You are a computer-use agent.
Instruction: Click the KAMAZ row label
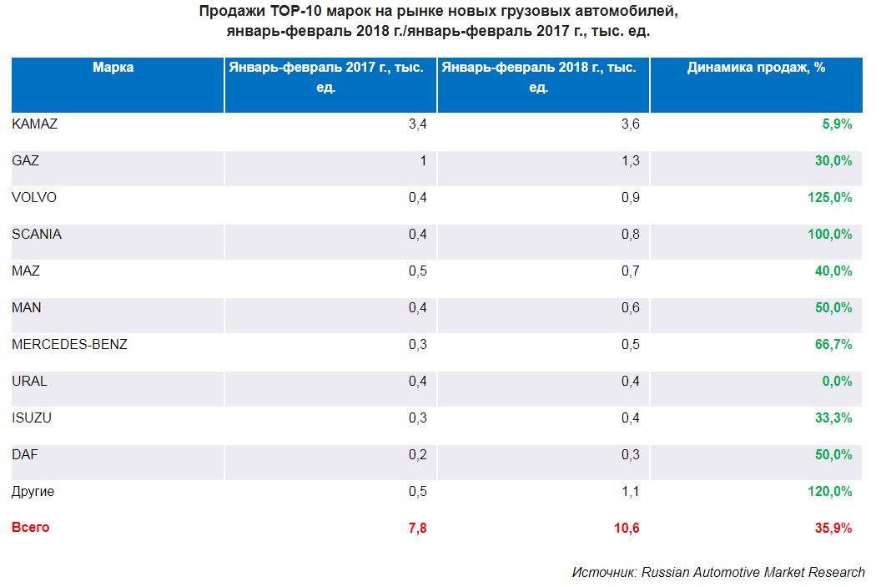click(x=34, y=124)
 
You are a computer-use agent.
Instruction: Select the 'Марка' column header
click(x=113, y=68)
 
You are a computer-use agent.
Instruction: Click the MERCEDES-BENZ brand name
click(x=69, y=344)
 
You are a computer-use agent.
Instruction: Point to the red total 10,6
click(x=626, y=528)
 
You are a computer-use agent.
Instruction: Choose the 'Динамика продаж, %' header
click(x=756, y=68)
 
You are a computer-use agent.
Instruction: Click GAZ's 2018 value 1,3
click(x=631, y=161)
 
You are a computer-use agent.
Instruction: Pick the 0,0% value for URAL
click(x=835, y=382)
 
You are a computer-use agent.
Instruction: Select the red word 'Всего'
click(x=31, y=528)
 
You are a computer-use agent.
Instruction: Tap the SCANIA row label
click(x=37, y=235)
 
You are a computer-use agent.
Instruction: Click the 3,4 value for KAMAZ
click(x=417, y=124)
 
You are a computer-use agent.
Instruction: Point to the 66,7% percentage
click(x=833, y=345)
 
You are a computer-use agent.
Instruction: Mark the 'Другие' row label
click(x=33, y=492)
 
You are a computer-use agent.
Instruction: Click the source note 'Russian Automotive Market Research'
click(x=753, y=572)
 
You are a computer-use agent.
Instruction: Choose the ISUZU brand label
click(x=32, y=418)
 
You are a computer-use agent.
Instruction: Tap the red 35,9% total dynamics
click(x=833, y=528)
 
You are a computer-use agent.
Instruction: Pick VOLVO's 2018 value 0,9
click(x=631, y=198)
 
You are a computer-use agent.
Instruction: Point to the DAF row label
click(x=25, y=455)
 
